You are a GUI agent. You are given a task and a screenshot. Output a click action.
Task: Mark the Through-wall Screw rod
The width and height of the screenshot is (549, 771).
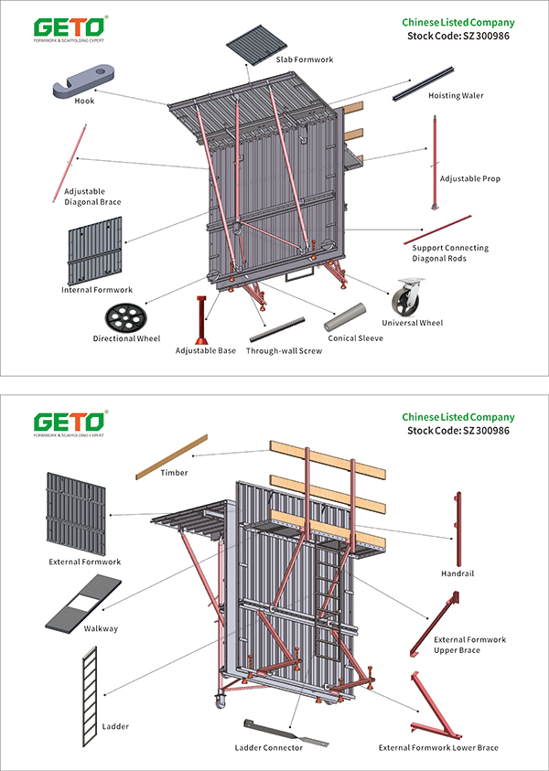pos(282,328)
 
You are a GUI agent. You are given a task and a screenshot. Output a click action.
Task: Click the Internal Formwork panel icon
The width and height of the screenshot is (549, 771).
pos(95,249)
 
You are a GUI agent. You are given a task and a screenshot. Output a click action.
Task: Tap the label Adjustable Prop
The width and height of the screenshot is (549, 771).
pos(470,178)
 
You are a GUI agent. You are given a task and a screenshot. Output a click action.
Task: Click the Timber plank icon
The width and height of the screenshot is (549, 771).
pos(171,456)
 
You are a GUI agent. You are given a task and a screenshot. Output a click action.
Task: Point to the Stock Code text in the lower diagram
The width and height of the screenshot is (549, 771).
pos(457,431)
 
